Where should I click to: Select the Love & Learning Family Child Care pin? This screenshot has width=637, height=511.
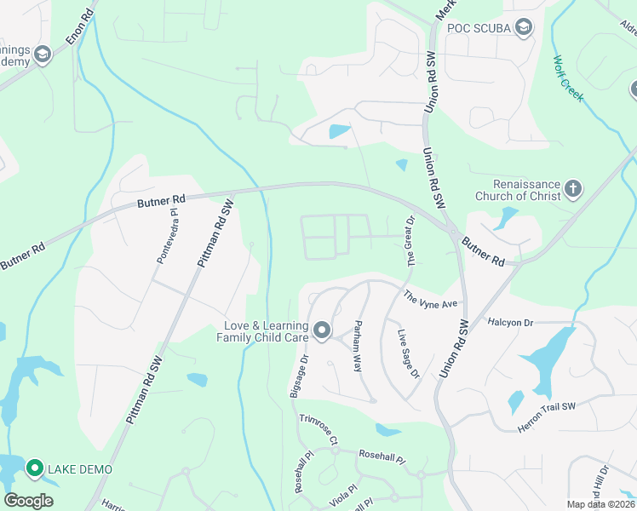click(x=322, y=330)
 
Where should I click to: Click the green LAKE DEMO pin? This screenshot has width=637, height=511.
click(x=35, y=468)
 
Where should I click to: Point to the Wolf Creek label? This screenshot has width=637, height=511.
click(x=568, y=79)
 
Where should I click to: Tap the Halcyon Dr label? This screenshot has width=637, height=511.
click(x=510, y=322)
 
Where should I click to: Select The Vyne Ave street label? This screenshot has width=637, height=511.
click(x=431, y=299)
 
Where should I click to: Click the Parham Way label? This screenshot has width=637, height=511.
click(x=359, y=344)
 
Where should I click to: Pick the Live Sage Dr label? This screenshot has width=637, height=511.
click(x=410, y=356)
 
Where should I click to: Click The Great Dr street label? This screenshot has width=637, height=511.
click(x=410, y=242)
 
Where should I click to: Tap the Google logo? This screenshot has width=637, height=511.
click(x=29, y=500)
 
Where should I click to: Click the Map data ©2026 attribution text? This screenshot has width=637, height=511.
click(x=601, y=504)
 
